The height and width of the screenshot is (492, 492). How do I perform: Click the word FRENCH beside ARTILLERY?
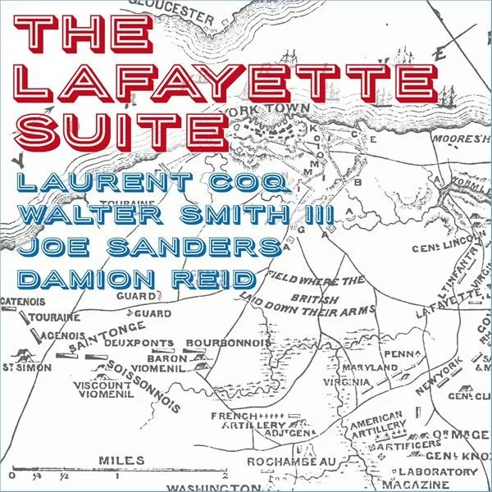coord(230,416)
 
